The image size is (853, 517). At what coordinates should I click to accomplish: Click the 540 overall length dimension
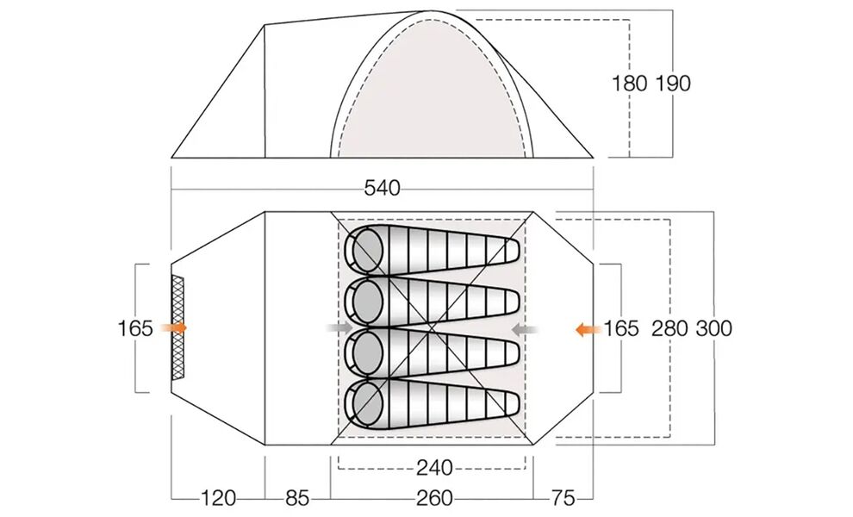tap(382, 189)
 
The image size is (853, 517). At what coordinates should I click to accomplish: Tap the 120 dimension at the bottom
tap(219, 498)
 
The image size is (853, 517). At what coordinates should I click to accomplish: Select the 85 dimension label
tap(297, 498)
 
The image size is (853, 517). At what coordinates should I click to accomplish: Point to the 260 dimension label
tap(434, 498)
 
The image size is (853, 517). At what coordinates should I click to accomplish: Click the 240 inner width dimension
tap(434, 468)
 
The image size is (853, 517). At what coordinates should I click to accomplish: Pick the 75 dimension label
tap(563, 498)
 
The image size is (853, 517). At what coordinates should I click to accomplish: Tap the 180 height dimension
tap(630, 84)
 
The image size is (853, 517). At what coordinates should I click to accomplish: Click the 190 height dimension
tap(673, 84)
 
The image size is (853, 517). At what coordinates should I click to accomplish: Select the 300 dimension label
tap(714, 328)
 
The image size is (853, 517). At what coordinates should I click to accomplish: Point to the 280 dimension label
tap(669, 328)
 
